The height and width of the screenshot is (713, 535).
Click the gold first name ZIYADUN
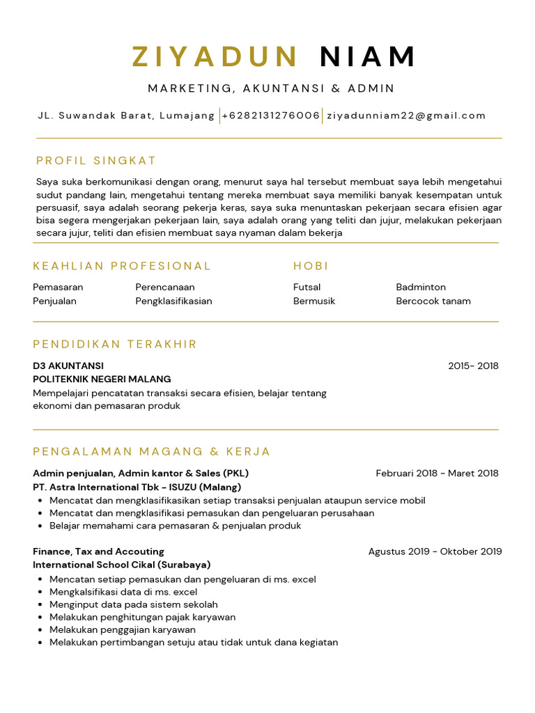tap(216, 57)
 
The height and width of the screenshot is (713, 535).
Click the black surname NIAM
tap(368, 57)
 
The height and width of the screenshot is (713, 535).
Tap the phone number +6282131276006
tap(271, 116)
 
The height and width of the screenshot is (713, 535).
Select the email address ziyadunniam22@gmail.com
tap(406, 116)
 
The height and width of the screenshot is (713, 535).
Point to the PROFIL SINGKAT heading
tap(96, 161)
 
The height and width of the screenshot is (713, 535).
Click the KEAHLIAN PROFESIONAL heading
tap(122, 266)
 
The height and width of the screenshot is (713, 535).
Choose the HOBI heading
tap(311, 266)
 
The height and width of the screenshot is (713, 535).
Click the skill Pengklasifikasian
tap(173, 301)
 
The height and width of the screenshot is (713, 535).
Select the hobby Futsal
tap(307, 287)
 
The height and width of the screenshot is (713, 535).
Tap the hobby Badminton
tap(421, 287)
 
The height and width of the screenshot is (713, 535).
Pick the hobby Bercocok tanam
tap(433, 301)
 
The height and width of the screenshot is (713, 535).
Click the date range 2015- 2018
tap(473, 366)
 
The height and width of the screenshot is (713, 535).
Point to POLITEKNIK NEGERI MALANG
tap(102, 379)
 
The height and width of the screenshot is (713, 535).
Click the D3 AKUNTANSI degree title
tap(68, 366)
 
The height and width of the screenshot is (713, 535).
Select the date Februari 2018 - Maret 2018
tap(437, 473)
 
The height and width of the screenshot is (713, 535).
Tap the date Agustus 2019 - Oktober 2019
tap(435, 551)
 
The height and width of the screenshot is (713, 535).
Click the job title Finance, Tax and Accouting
tap(98, 551)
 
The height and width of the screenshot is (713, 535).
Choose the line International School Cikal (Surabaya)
tap(122, 565)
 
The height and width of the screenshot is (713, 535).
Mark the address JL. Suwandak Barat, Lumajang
tap(126, 116)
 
